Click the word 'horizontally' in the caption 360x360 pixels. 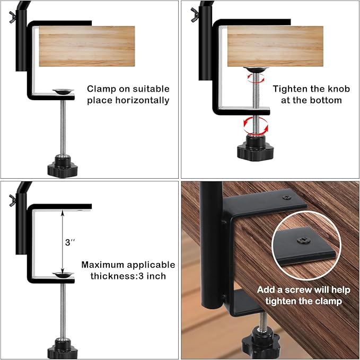pyautogui.click(x=143, y=100)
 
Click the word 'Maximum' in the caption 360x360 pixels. pyautogui.click(x=103, y=265)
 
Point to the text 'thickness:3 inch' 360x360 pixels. pyautogui.click(x=124, y=276)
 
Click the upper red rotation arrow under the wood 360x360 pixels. pyautogui.click(x=251, y=78)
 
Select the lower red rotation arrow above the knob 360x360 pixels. pyautogui.click(x=255, y=126)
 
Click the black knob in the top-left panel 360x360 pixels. pyautogui.click(x=62, y=167)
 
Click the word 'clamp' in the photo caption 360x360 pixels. pyautogui.click(x=330, y=301)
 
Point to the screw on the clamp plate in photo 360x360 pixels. pyautogui.click(x=287, y=197)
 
